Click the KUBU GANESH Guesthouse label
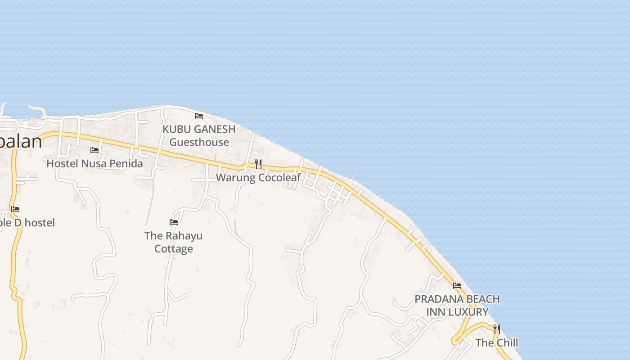coord(199,135)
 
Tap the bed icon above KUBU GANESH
coord(199,116)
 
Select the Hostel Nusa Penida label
coord(94,163)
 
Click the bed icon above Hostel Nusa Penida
coord(94,150)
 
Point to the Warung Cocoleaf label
coord(258,177)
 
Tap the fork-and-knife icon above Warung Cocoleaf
coord(258,164)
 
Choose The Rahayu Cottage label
coord(174,242)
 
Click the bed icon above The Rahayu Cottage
coord(174,222)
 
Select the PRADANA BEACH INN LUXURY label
coord(457,306)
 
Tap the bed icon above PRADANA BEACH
coord(457,286)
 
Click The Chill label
coord(497,343)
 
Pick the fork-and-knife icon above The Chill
coord(497,329)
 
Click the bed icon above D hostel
coord(15,209)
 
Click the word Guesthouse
coord(199,142)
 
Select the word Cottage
coord(174,249)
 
